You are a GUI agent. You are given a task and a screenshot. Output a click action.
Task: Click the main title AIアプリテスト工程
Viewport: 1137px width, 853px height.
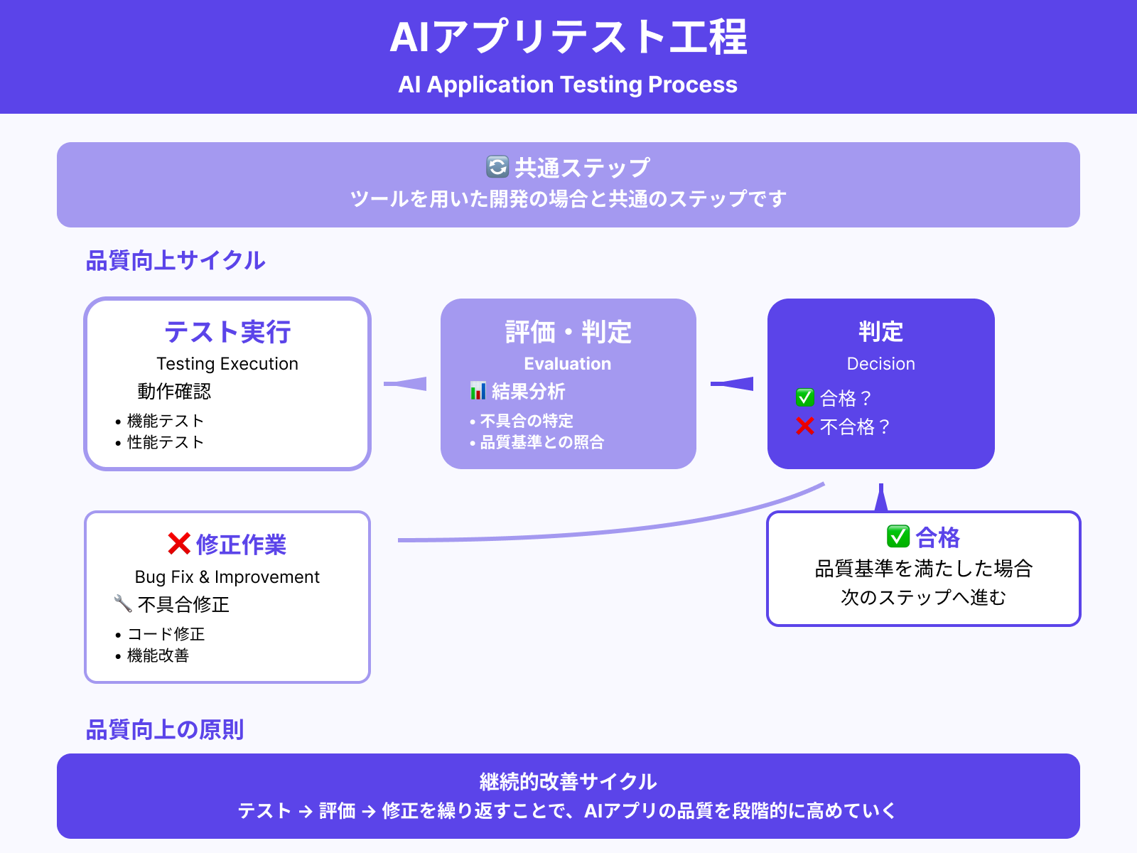(x=568, y=37)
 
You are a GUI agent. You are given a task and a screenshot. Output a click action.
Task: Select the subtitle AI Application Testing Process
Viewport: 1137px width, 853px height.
(x=568, y=85)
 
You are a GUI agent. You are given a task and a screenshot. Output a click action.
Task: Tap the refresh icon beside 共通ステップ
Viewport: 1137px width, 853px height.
(x=497, y=167)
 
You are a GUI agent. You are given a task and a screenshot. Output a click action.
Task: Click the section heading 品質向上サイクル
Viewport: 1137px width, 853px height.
(x=175, y=261)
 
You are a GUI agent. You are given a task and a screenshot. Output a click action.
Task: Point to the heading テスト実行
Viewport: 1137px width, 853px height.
(x=227, y=332)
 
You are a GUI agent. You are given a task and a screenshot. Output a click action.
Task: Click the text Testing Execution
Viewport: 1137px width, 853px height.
(x=227, y=364)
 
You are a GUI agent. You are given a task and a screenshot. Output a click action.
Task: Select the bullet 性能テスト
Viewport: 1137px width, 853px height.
(x=166, y=442)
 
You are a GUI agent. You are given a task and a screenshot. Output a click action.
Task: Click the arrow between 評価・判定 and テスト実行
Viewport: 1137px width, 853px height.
(x=406, y=384)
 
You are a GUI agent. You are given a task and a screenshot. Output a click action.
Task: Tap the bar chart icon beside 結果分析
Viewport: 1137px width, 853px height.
(x=478, y=391)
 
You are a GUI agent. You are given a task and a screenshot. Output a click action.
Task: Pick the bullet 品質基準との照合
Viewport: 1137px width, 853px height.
(x=541, y=442)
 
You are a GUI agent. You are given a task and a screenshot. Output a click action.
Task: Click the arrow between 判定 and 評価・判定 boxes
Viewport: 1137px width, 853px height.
(x=733, y=384)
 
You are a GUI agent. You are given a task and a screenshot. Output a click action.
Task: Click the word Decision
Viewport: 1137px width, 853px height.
(x=880, y=364)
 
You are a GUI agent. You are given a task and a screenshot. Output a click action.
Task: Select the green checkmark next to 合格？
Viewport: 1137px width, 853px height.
(x=804, y=397)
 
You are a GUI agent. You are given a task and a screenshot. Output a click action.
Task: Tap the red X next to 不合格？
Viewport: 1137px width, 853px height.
(x=804, y=426)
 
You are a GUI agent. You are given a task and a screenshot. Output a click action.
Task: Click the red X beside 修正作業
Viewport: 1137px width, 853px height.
(x=179, y=544)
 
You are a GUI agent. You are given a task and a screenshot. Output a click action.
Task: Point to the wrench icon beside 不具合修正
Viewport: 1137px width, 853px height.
(x=123, y=604)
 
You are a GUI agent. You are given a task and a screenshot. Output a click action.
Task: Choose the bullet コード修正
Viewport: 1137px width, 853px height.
(x=166, y=634)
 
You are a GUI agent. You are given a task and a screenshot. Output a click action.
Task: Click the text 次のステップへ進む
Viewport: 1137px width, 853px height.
(x=923, y=597)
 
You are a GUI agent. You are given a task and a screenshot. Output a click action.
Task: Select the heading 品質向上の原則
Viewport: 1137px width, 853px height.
(x=165, y=730)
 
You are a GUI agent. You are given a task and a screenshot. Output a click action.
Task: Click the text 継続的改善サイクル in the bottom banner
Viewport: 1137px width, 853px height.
(x=568, y=782)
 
